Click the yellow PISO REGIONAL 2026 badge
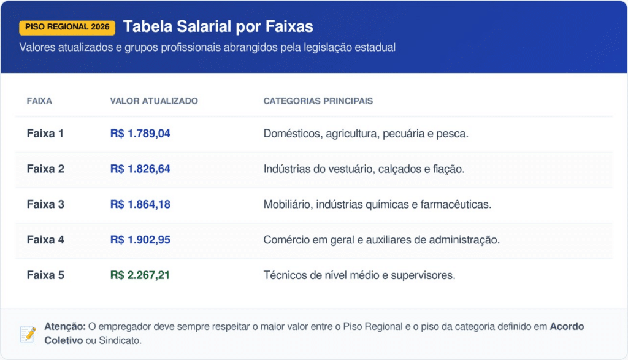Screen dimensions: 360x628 pos(67,27)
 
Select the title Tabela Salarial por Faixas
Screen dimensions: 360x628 pos(218,26)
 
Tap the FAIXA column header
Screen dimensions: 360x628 pos(39,101)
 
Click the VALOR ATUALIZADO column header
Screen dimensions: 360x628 pos(154,101)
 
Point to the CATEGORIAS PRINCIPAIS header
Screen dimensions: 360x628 pos(318,101)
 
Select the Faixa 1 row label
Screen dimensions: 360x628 pos(45,133)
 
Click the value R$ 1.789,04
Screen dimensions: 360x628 pos(140,133)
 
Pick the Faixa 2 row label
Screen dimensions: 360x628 pos(45,169)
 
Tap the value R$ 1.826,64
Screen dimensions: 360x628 pos(140,169)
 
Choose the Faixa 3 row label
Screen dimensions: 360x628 pos(45,204)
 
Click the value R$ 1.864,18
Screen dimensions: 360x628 pos(140,204)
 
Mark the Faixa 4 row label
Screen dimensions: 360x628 pos(45,240)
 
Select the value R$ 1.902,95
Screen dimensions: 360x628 pos(140,240)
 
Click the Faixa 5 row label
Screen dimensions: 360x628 pos(45,275)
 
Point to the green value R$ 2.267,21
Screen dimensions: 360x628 pos(140,275)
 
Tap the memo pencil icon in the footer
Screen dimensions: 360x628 pos(28,334)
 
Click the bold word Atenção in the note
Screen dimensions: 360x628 pos(65,327)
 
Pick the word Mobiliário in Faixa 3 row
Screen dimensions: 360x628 pos(287,204)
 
